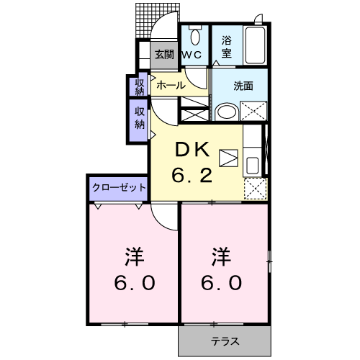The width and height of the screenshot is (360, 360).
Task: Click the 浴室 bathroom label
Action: point(226,46)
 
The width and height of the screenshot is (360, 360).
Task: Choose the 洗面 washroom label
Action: point(243,86)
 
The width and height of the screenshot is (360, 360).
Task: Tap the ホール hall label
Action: point(171,85)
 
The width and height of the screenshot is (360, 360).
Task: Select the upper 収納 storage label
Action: point(139,86)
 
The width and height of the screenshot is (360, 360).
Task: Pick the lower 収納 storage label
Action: point(139,117)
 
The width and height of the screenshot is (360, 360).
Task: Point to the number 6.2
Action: point(192,175)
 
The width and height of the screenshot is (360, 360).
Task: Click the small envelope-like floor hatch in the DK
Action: point(228,158)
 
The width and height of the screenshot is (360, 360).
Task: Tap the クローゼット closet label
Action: point(119,187)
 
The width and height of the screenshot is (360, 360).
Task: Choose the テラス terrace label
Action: point(225,341)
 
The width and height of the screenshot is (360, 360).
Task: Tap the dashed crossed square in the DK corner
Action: point(253,188)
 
